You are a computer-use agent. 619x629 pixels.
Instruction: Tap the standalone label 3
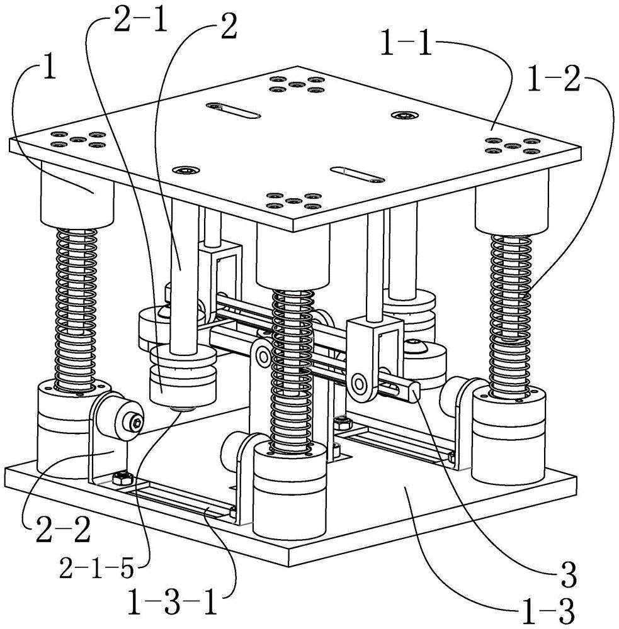click(567, 576)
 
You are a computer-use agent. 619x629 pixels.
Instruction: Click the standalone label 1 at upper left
click(49, 68)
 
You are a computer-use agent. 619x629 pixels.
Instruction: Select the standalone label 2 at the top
click(229, 26)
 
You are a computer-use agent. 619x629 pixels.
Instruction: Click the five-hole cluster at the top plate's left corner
click(75, 139)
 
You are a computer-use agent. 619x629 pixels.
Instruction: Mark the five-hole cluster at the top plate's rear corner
click(297, 84)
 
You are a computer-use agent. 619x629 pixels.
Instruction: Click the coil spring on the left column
click(77, 309)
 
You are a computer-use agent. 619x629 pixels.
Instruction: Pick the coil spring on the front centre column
click(292, 371)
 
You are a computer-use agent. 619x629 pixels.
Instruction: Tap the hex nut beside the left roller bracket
click(123, 478)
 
